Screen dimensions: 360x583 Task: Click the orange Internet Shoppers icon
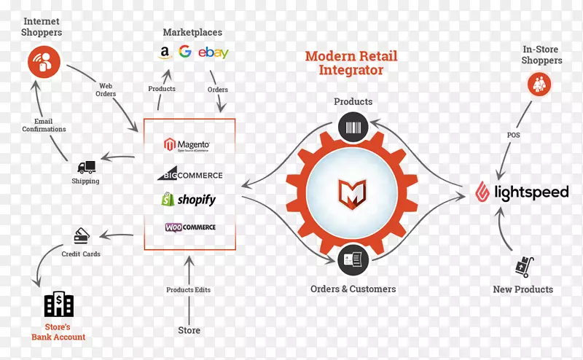tap(44, 61)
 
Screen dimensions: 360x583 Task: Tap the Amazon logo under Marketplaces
tap(165, 53)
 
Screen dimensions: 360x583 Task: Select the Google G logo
tap(185, 52)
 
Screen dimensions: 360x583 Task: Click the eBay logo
tap(213, 52)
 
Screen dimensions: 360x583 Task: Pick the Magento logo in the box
tap(188, 144)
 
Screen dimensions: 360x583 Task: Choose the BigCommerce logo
tap(189, 175)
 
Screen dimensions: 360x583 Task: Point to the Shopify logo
tap(189, 199)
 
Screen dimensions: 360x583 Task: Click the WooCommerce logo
tap(189, 227)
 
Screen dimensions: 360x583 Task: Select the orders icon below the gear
tap(353, 259)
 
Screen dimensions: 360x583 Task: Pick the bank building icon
tap(58, 305)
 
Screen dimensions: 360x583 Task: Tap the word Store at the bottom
tap(189, 330)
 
